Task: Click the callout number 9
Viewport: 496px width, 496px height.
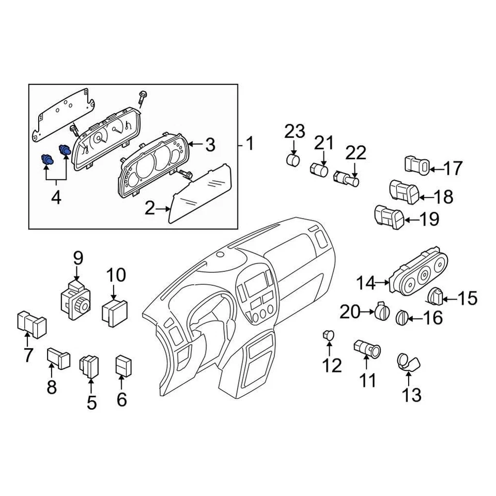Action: pos(78,257)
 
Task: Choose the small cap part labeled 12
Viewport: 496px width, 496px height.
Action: pos(327,336)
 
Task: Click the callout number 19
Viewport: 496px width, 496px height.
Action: pos(428,220)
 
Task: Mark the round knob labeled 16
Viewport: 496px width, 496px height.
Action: pos(402,316)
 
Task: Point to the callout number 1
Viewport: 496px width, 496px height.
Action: pos(250,145)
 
